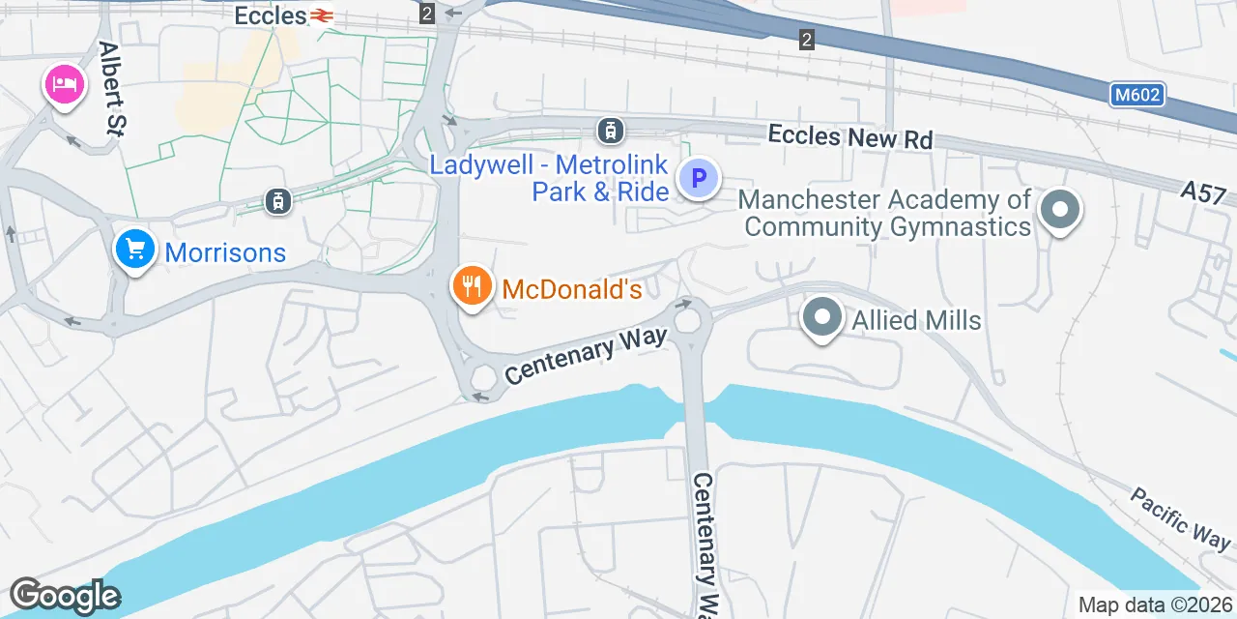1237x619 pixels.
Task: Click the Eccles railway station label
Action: point(271,15)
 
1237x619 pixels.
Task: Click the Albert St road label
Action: point(114,87)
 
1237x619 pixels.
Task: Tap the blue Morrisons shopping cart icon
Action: point(135,250)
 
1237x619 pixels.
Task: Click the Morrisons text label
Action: point(225,253)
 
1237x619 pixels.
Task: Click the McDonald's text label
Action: point(572,289)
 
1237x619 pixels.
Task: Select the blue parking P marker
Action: point(699,178)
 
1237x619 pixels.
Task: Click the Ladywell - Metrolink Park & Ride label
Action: point(549,178)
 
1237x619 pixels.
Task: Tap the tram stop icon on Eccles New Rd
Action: point(610,130)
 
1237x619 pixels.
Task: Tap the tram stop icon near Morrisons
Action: point(278,200)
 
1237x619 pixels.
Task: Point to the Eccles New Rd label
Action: point(850,136)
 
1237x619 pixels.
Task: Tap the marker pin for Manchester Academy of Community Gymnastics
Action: point(1060,209)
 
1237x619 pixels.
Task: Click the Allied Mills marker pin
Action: point(822,318)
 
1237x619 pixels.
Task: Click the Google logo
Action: point(65,596)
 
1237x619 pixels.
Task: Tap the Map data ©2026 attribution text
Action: point(1155,605)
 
